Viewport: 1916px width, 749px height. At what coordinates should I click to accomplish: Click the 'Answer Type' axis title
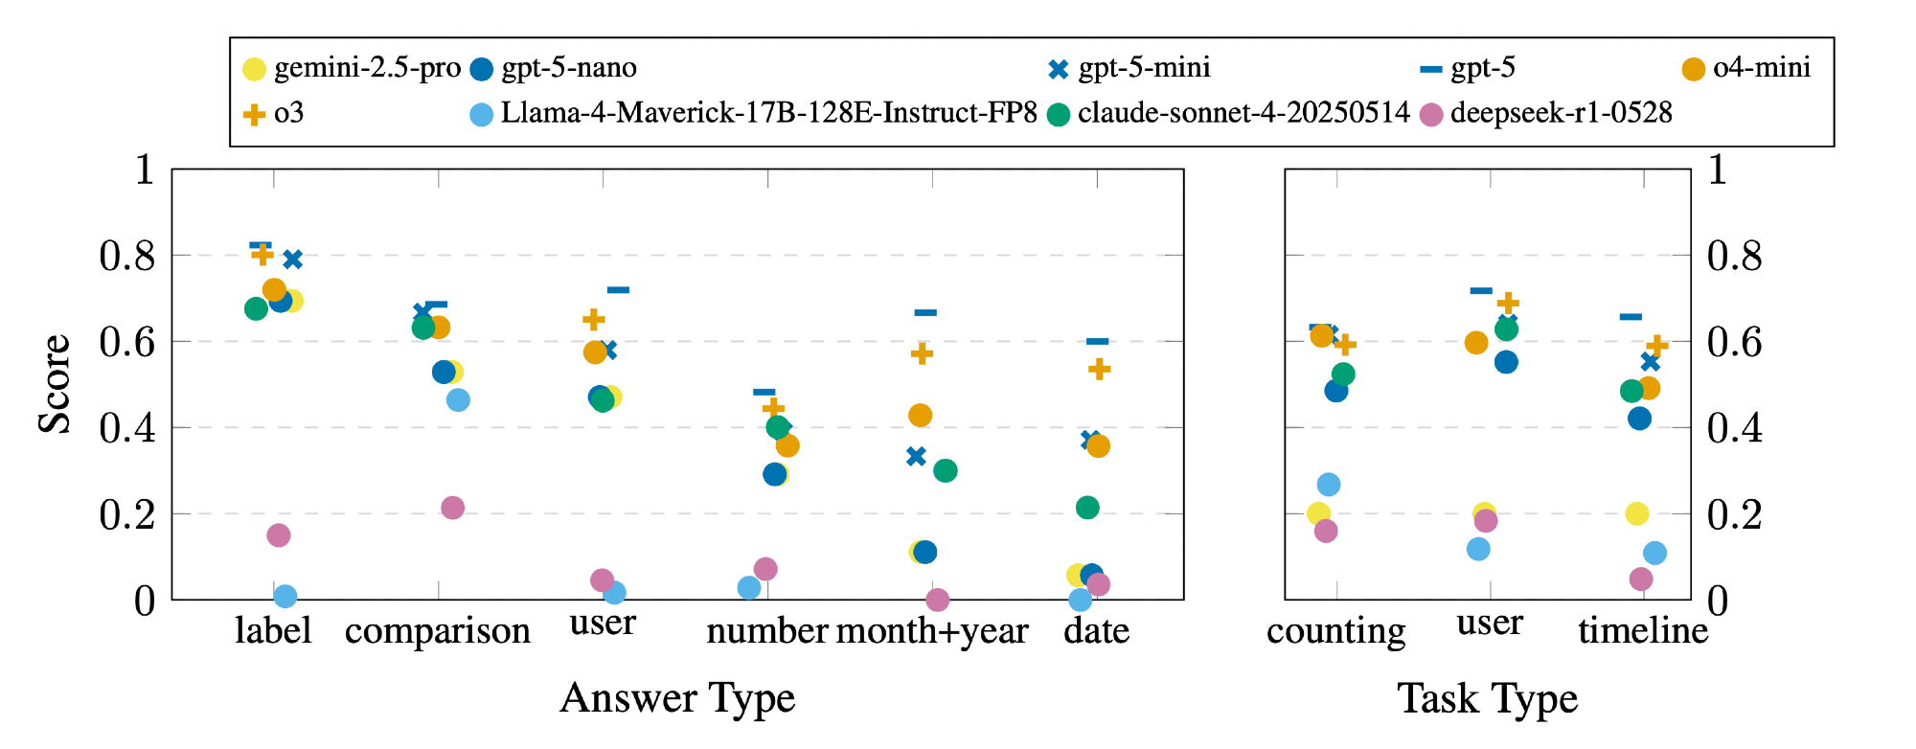[677, 698]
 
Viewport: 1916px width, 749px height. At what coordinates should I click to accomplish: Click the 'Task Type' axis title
[1487, 698]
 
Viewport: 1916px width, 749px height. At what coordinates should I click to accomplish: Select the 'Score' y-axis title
[55, 383]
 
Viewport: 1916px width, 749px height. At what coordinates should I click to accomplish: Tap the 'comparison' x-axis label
[438, 631]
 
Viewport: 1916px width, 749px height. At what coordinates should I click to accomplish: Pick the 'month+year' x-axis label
[932, 631]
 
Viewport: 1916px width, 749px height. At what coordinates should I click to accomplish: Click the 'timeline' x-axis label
[1643, 631]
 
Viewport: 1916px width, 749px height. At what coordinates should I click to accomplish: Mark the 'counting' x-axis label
[1335, 631]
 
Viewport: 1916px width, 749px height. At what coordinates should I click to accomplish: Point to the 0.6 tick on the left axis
[127, 342]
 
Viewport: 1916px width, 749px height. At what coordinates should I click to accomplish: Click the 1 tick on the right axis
[1718, 170]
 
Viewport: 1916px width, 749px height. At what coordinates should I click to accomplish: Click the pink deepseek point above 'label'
[279, 535]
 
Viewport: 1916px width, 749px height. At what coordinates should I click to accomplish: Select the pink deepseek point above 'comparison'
[452, 508]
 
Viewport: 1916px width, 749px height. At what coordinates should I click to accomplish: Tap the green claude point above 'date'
[1087, 508]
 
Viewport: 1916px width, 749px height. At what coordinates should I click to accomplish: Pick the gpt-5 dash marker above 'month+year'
[925, 312]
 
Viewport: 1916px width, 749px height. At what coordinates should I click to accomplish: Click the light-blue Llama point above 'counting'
[1328, 485]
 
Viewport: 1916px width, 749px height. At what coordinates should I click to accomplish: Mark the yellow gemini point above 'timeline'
[1637, 513]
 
